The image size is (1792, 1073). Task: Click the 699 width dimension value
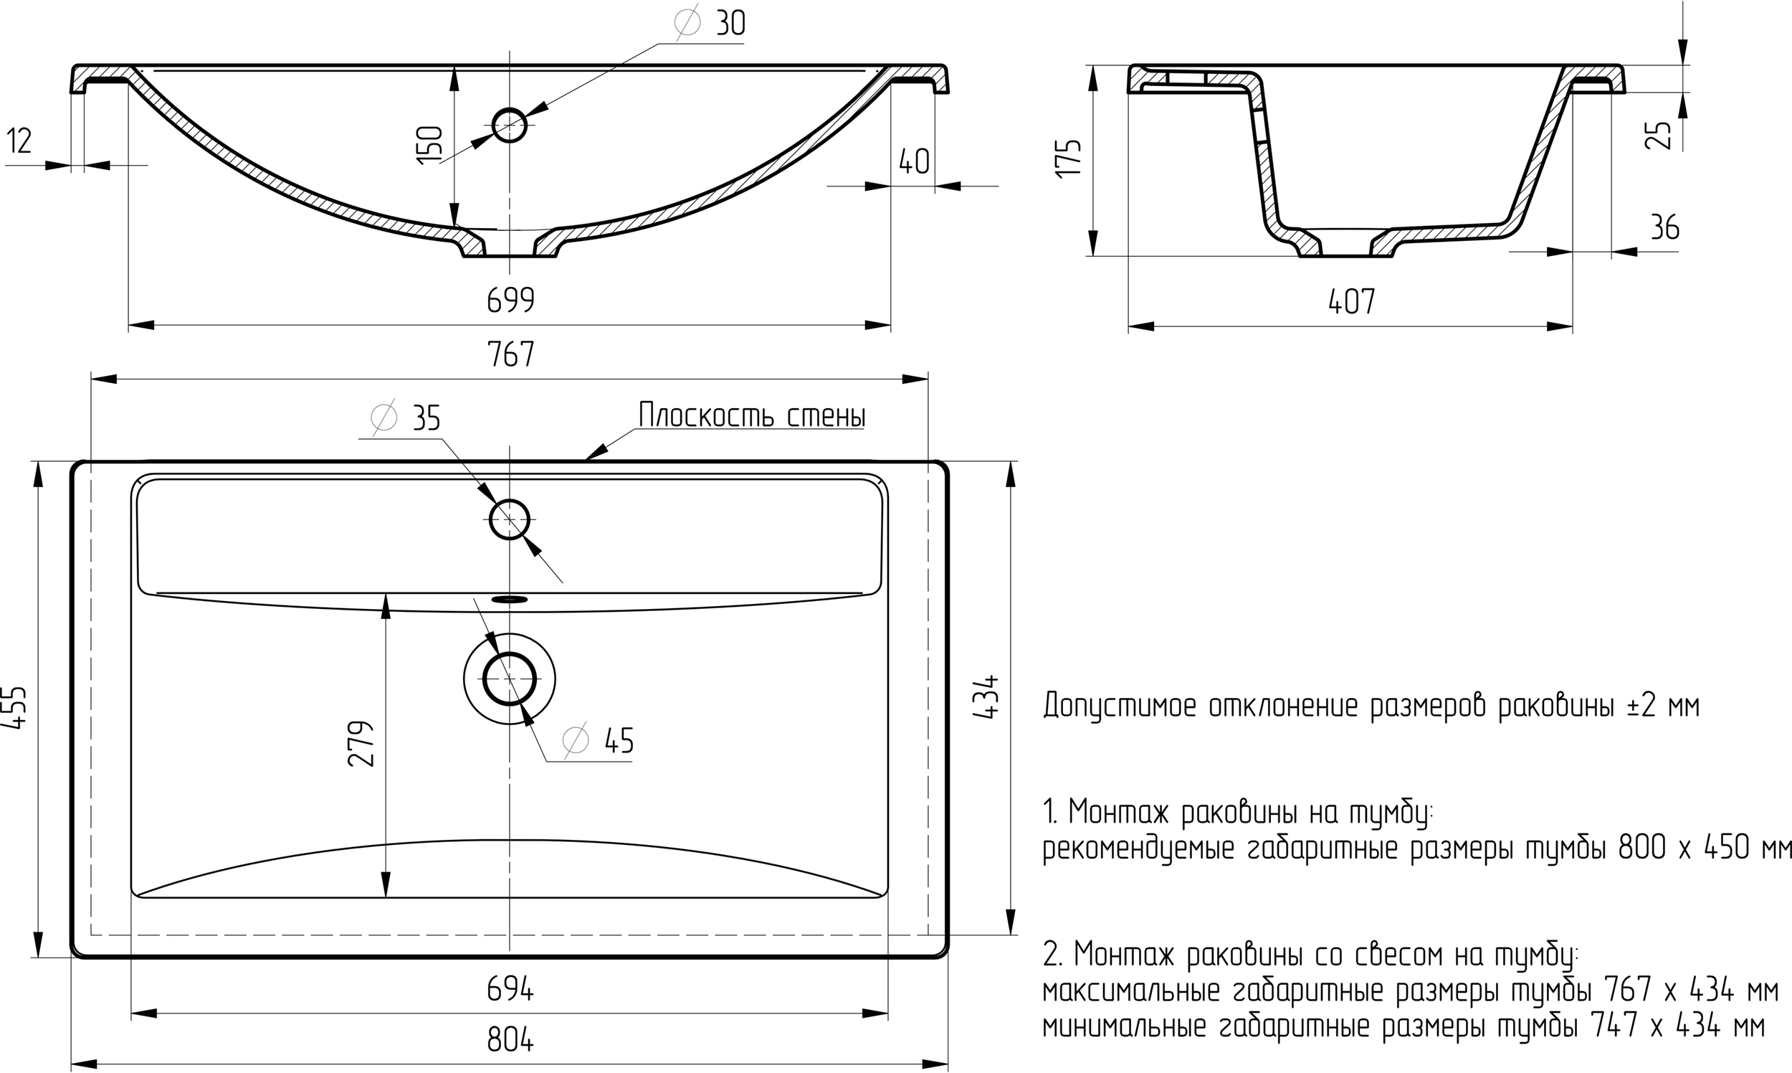coord(510,300)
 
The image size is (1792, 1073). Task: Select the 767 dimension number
coord(510,354)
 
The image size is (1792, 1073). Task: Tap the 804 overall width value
coord(510,1040)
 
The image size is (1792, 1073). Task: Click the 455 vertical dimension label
coord(16,708)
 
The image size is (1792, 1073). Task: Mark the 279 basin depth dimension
coord(361,743)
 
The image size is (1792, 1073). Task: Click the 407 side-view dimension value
coord(1352,301)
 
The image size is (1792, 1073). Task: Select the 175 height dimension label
coord(1069,157)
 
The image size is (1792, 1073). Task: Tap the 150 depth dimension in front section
coord(430,145)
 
